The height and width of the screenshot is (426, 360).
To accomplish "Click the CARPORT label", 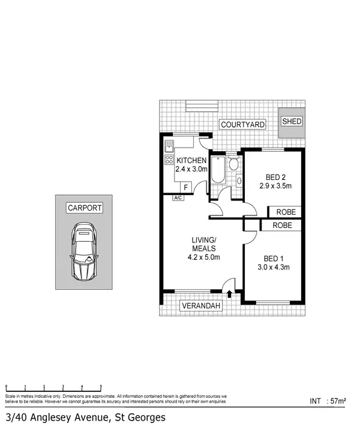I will click(85, 208).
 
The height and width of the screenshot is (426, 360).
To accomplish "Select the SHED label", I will click(292, 121).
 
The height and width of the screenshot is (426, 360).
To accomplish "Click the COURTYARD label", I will click(242, 125).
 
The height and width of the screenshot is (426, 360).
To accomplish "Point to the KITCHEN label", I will click(191, 161).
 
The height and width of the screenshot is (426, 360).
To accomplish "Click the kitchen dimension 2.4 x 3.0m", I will click(191, 170).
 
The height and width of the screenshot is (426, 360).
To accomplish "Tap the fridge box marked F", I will click(185, 187).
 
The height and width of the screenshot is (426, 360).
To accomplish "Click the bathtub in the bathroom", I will click(218, 171).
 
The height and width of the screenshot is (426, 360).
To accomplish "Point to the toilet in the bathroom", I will click(235, 164).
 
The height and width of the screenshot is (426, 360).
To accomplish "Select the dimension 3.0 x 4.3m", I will click(274, 267).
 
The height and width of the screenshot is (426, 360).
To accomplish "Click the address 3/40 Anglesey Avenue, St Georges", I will click(85, 416).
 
